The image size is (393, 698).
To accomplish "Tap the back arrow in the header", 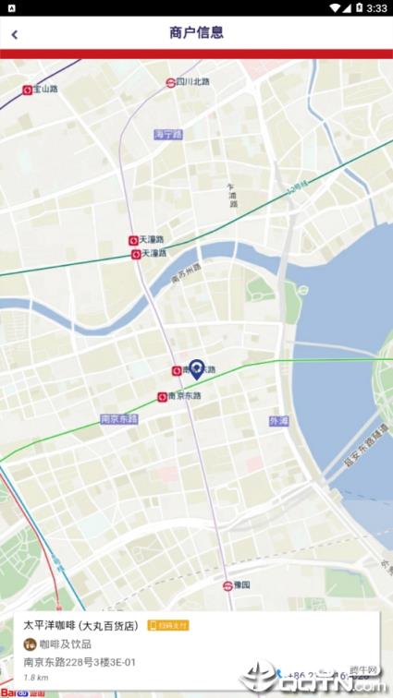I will [x=14, y=35].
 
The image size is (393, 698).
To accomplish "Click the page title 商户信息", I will [x=196, y=33].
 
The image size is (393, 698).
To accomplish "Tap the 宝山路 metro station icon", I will [x=28, y=90].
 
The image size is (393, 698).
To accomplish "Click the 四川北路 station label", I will [x=193, y=82].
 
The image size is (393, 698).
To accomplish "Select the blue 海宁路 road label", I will [x=168, y=134].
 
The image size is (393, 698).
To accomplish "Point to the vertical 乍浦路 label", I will [x=232, y=195].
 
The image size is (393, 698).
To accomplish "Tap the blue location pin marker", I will [x=197, y=369].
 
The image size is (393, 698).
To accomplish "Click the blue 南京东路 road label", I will [x=118, y=418].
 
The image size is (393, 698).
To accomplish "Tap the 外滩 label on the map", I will [x=278, y=421].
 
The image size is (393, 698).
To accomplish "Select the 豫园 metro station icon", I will [x=227, y=585].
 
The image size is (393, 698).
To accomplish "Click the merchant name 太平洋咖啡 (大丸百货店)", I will [x=81, y=625].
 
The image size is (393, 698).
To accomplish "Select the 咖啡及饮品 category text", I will [x=65, y=644].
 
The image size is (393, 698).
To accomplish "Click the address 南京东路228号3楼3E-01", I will [x=80, y=661].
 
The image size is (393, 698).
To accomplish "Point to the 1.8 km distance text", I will [x=37, y=678].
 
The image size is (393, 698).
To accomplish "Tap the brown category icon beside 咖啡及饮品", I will [x=30, y=644].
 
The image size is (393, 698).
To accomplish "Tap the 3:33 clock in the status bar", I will [x=376, y=7].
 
